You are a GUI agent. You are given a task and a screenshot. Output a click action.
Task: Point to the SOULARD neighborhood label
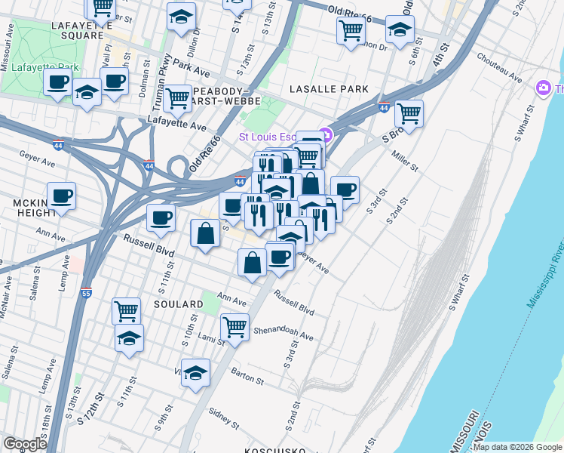[179, 304]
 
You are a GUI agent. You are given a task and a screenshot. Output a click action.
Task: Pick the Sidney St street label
[224, 414]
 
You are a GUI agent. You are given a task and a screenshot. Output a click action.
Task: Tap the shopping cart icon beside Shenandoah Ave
[235, 326]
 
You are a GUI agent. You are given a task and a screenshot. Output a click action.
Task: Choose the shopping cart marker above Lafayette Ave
[177, 97]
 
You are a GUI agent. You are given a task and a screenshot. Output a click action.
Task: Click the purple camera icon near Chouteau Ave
[543, 88]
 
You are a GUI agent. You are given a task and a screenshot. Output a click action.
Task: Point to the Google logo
[26, 444]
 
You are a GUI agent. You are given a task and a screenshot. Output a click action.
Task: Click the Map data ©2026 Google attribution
[517, 447]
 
